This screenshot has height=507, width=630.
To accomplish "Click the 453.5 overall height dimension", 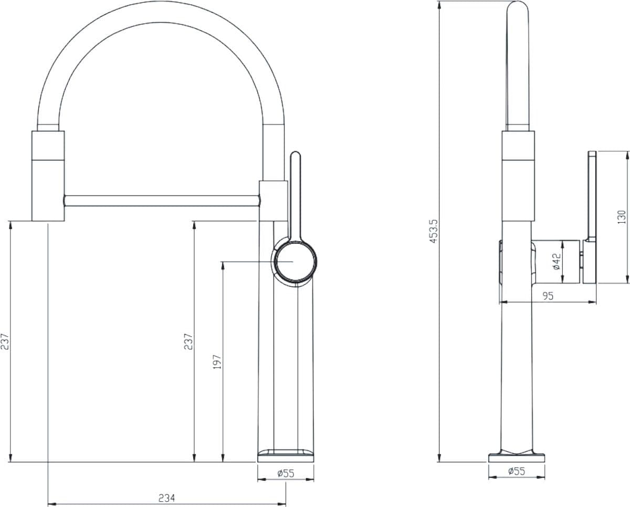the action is point(434,231).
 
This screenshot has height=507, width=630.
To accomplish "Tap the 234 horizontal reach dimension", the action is point(166,498).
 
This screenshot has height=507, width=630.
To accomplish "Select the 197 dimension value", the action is point(217,361).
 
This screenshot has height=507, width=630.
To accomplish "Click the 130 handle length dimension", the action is point(621,217).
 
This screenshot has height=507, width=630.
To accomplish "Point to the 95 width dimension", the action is point(548,296).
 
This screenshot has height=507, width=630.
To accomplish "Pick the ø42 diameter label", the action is point(556,261).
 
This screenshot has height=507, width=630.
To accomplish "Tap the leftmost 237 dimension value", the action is point(5,342).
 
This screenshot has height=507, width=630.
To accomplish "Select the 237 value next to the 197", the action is point(188,342).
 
